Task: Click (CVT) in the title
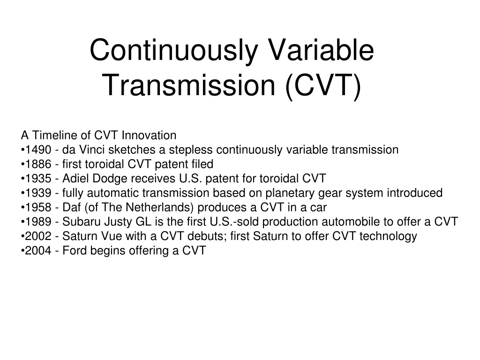pos(323,86)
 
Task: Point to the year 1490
pos(38,150)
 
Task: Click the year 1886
pos(38,164)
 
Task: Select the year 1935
pos(38,179)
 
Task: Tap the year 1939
pos(38,193)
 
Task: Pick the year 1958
pos(38,207)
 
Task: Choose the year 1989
pos(38,222)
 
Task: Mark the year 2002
pos(38,236)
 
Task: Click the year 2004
pos(38,250)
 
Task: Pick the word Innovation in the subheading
pos(149,135)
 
